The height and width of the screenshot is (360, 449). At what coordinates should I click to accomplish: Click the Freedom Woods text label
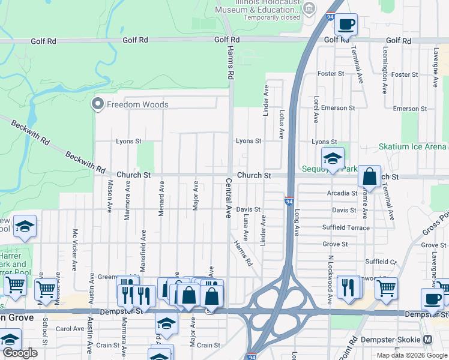(137, 104)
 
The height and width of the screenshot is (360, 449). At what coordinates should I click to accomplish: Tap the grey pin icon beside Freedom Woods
(97, 104)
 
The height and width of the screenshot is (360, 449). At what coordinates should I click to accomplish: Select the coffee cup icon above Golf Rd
(346, 25)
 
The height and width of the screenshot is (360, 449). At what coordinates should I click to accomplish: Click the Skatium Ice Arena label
(412, 146)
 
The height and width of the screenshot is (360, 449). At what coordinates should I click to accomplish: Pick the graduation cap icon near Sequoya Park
(333, 159)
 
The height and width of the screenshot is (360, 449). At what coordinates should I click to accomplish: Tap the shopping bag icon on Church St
(370, 178)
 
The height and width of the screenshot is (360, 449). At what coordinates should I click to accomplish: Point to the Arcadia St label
(342, 193)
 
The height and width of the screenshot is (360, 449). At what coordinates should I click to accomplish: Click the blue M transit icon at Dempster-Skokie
(427, 339)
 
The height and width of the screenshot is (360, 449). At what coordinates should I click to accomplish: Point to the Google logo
(20, 353)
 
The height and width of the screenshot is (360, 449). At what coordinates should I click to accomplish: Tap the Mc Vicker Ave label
(75, 250)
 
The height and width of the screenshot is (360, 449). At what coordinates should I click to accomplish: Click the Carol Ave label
(70, 329)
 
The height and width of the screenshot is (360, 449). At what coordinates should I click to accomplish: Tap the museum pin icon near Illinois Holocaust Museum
(309, 8)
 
